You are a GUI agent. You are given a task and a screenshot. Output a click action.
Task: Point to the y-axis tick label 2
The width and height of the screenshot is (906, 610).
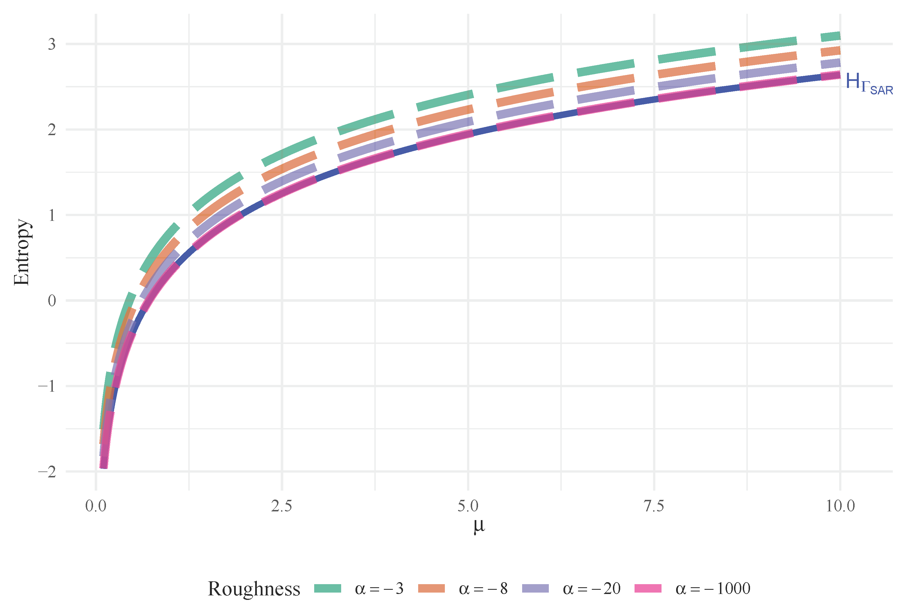pos(52,130)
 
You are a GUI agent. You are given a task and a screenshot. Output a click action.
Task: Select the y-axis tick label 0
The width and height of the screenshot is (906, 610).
pos(52,301)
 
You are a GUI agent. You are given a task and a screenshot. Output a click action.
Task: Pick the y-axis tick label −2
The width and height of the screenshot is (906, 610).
pos(47,472)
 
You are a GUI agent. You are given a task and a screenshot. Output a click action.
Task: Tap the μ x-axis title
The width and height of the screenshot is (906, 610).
pos(479,526)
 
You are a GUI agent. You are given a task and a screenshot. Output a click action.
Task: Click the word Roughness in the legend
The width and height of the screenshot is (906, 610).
pos(254,589)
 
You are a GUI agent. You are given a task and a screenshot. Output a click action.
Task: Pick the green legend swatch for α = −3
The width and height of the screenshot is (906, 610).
pos(328,589)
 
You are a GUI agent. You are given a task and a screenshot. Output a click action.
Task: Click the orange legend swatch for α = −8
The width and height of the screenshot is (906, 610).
pos(431,589)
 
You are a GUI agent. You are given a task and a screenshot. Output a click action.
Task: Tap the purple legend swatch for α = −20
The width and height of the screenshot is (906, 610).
pos(536,589)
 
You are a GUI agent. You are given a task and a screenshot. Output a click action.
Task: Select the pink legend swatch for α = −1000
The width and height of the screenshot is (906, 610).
pos(648,589)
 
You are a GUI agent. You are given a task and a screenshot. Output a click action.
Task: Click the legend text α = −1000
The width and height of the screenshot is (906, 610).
pos(713,589)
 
